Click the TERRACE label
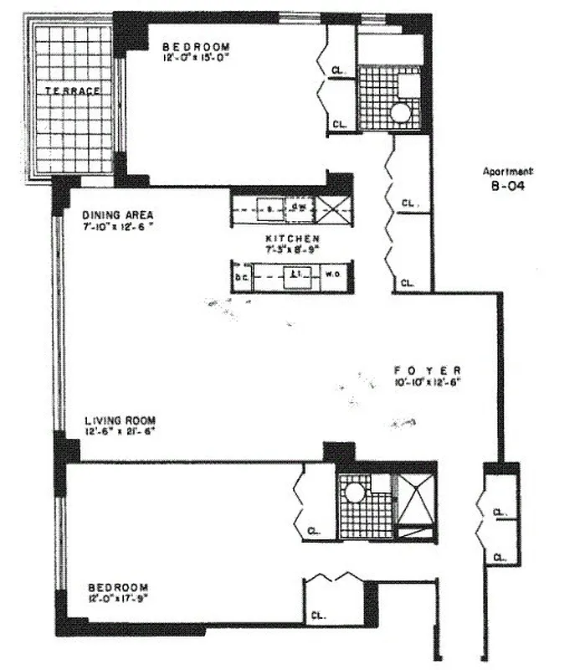(x=73, y=90)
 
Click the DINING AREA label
(x=118, y=214)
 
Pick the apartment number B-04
(x=508, y=188)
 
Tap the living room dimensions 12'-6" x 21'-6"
(x=119, y=431)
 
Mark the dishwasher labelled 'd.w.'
(x=297, y=206)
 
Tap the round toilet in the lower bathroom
(x=354, y=490)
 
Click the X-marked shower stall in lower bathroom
(x=414, y=497)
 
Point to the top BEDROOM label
(x=196, y=47)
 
